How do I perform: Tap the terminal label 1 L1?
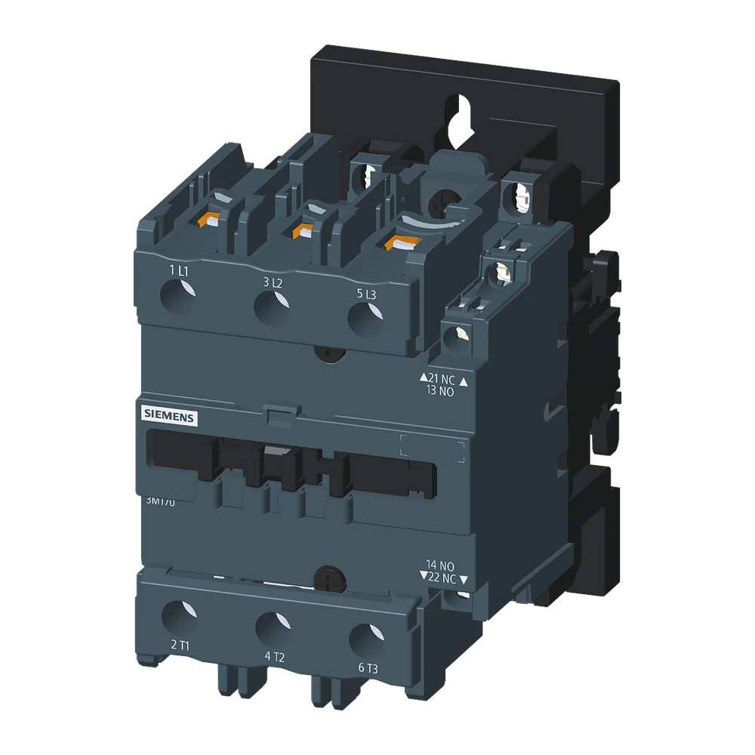[x=179, y=270]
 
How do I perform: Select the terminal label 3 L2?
[x=273, y=282]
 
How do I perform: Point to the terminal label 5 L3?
[x=365, y=294]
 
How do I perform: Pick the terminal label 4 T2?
[x=274, y=656]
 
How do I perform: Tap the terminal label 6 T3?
[x=368, y=667]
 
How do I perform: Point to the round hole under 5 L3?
[x=365, y=318]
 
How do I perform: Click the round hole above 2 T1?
[x=180, y=615]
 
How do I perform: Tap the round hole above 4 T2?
[x=273, y=627]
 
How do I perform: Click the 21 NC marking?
[x=443, y=378]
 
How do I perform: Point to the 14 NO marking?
[x=440, y=565]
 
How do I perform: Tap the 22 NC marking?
[x=443, y=578]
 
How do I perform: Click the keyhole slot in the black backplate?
[x=454, y=117]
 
